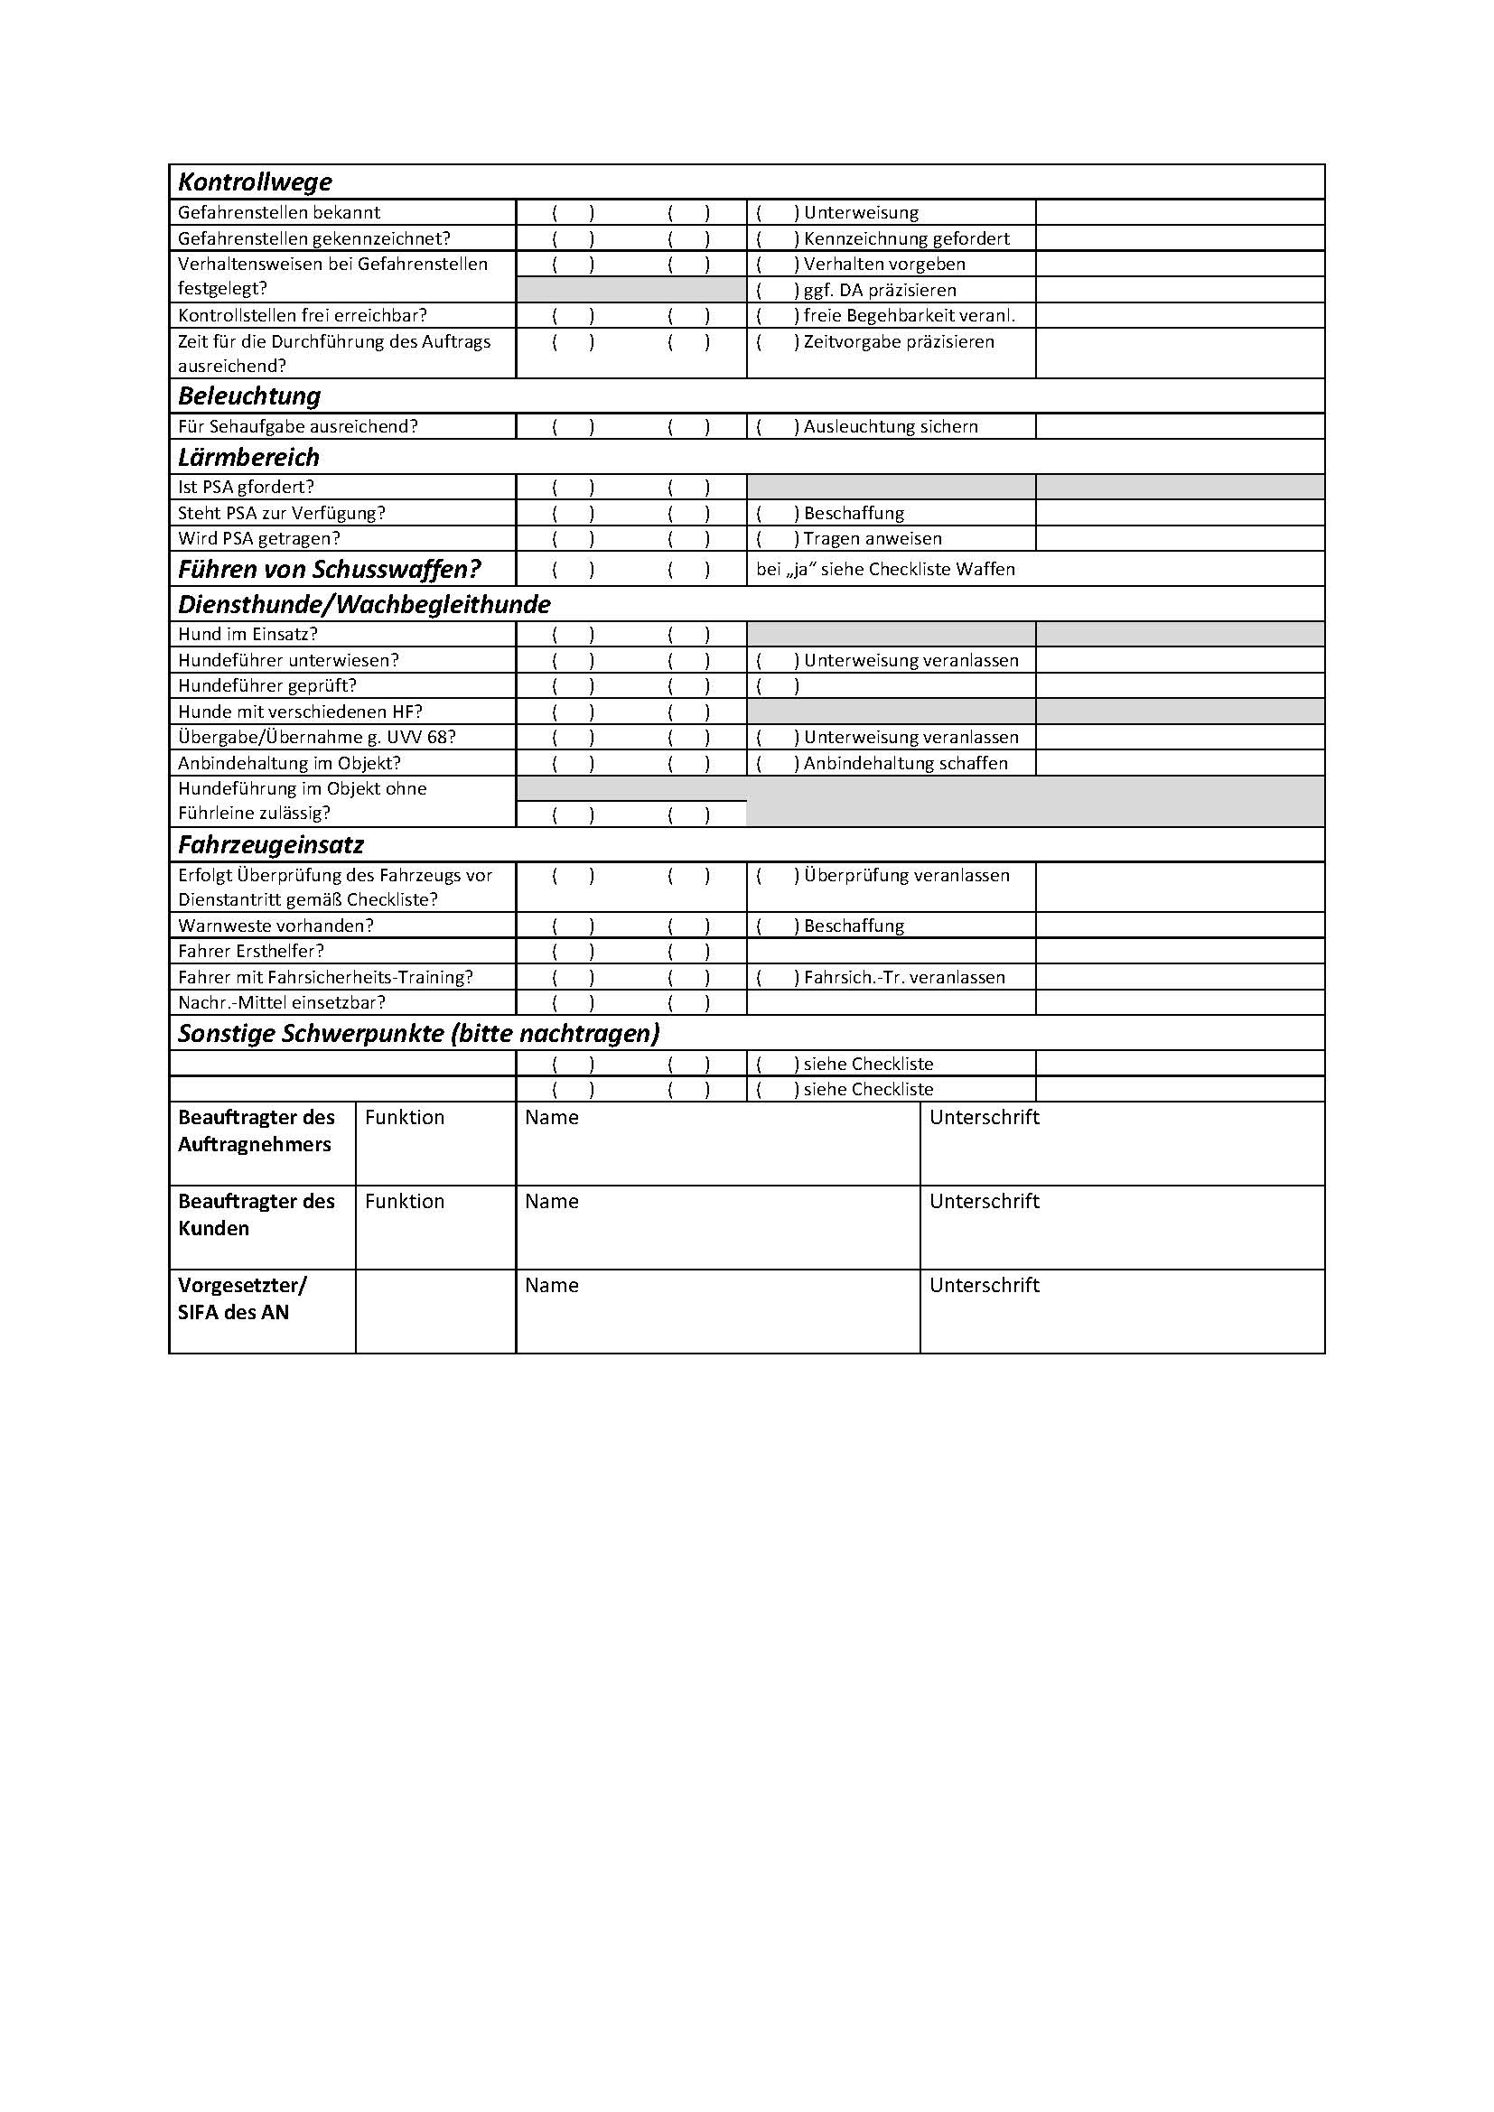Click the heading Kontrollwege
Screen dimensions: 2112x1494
pyautogui.click(x=255, y=182)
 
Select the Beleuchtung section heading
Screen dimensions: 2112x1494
pyautogui.click(x=249, y=396)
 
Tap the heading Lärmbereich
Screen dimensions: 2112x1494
pyautogui.click(x=248, y=457)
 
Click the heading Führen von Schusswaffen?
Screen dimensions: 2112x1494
pyautogui.click(x=330, y=570)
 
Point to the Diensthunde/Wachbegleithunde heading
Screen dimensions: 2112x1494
pyautogui.click(x=364, y=604)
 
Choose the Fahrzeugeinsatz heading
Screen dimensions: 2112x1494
pyautogui.click(x=270, y=844)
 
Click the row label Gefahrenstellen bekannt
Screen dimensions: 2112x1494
pyautogui.click(x=279, y=212)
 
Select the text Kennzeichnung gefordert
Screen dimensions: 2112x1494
pyautogui.click(x=906, y=238)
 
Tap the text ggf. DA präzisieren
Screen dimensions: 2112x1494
pyautogui.click(x=880, y=290)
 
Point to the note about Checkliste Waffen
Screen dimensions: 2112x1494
pyautogui.click(x=885, y=570)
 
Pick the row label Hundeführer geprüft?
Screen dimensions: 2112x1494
pyautogui.click(x=266, y=685)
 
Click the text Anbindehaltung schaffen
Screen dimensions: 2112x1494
pyautogui.click(x=905, y=763)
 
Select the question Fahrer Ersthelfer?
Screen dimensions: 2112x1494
pyautogui.click(x=251, y=951)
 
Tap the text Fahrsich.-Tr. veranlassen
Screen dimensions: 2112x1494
pyautogui.click(x=904, y=977)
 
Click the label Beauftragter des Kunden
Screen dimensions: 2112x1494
pyautogui.click(x=256, y=1214)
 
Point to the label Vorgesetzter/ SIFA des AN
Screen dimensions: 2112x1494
pyautogui.click(x=242, y=1298)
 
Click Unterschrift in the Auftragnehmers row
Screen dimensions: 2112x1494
pyautogui.click(x=984, y=1117)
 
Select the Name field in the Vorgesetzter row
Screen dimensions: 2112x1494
pyautogui.click(x=551, y=1285)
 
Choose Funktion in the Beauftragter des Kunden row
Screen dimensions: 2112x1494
pyautogui.click(x=404, y=1201)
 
